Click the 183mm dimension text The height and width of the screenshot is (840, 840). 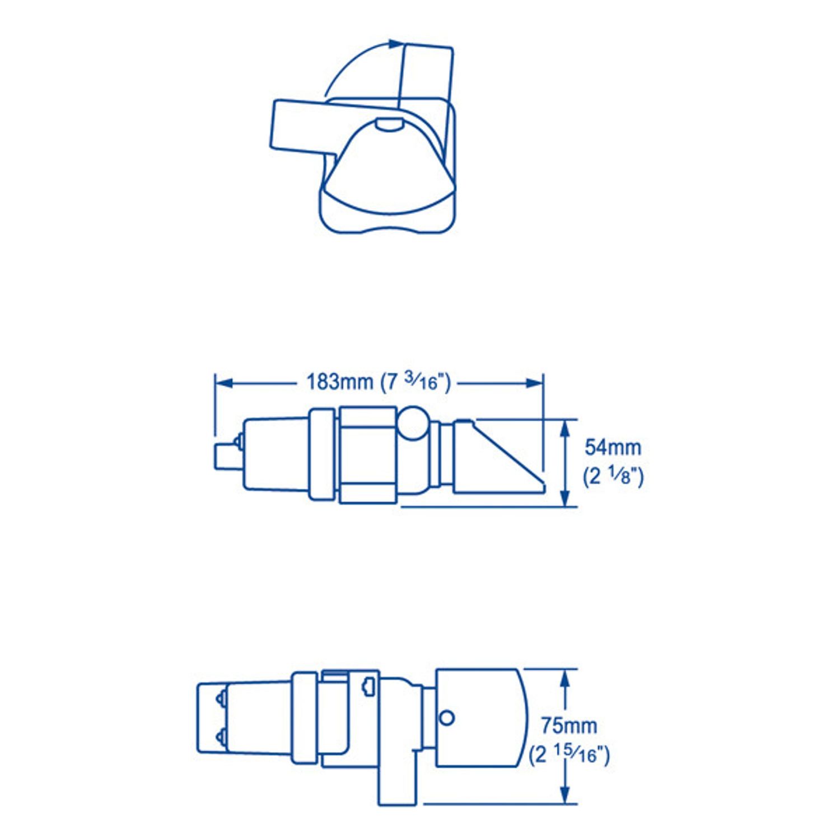click(x=339, y=382)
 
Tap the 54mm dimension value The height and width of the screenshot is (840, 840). click(x=613, y=447)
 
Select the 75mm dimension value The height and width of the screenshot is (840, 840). click(x=568, y=726)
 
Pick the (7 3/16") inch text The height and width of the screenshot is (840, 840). click(x=415, y=382)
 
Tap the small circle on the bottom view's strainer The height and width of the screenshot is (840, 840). click(x=447, y=717)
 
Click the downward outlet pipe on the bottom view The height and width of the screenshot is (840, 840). click(x=398, y=784)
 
